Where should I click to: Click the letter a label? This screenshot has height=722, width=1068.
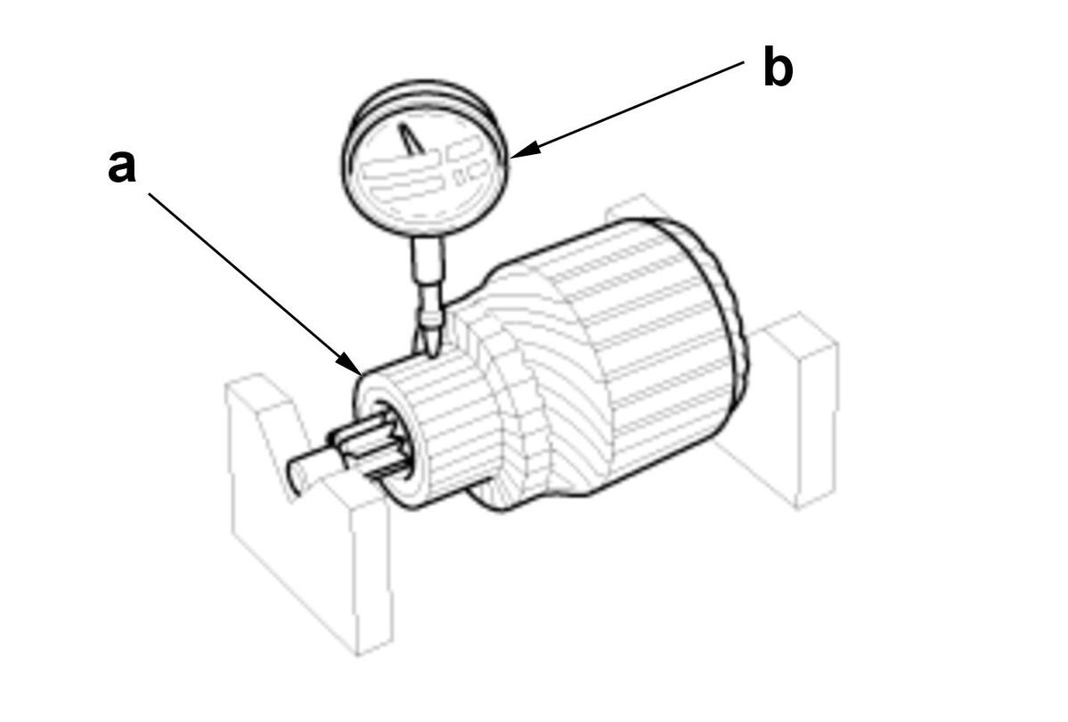(122, 166)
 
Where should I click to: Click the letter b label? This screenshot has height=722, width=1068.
(778, 68)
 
